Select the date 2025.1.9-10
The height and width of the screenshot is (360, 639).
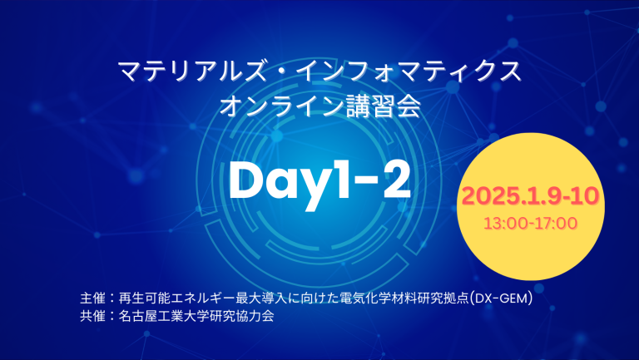[x=531, y=197]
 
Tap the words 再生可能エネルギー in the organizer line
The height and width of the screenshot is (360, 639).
[x=180, y=298]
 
